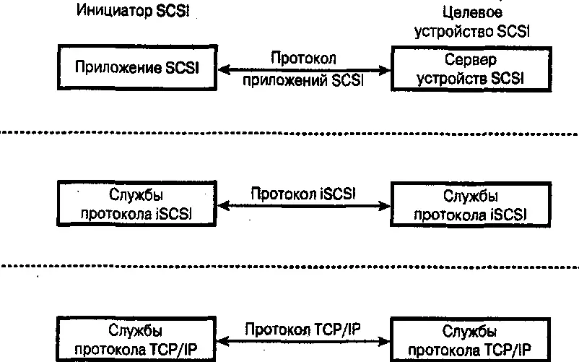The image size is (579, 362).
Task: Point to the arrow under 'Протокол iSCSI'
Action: [x=303, y=206]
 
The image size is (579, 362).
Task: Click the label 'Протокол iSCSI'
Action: [x=304, y=194]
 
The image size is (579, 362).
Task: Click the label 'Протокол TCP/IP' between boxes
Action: [x=303, y=329]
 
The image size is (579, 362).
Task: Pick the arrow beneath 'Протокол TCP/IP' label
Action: [x=303, y=342]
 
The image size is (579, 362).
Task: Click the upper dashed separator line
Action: [x=289, y=133]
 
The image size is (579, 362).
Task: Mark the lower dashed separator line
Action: [x=289, y=267]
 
